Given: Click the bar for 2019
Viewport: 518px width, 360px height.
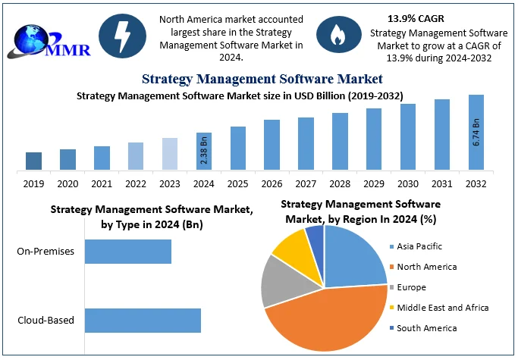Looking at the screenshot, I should [33, 161].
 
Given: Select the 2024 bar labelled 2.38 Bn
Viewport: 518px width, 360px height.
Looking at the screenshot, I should [203, 151].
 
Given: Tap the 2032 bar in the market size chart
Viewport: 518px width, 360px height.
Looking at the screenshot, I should [476, 132].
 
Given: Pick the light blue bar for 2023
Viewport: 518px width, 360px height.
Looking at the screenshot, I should [170, 154].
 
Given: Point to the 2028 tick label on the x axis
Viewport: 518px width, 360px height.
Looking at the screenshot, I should [340, 184].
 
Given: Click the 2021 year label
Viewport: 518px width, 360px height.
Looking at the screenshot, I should [102, 184].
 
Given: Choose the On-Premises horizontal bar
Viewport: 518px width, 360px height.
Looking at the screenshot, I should [127, 252].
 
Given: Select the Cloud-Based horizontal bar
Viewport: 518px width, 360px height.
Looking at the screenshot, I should [143, 320].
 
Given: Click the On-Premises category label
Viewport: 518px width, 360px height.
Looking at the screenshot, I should [46, 252].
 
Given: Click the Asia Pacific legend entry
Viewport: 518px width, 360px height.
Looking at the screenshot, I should [419, 246].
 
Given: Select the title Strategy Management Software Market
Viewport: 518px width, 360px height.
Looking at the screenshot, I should [262, 78].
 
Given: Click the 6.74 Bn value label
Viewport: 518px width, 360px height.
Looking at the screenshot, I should [476, 132].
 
